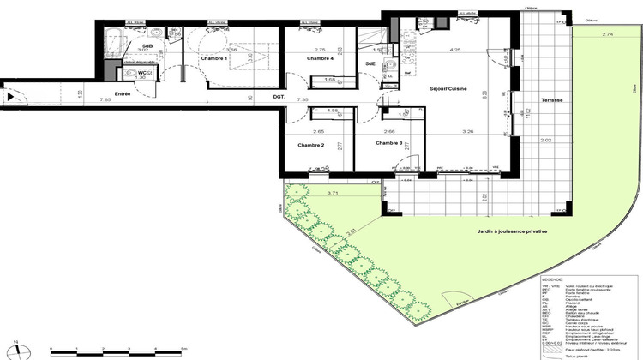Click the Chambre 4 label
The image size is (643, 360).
tap(320, 58)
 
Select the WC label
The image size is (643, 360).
tap(143, 74)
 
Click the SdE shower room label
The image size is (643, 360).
tap(370, 64)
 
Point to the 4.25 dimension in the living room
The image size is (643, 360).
tap(432, 50)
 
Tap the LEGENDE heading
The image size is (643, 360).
tap(553, 279)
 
